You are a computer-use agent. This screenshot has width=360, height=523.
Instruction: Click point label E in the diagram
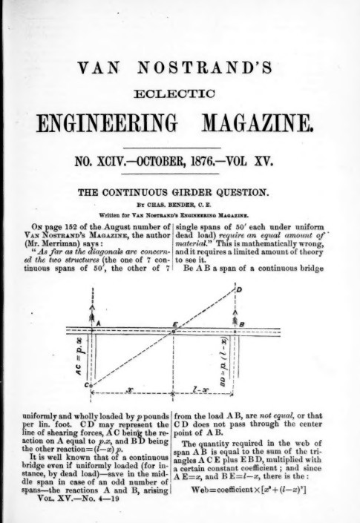pos(173,324)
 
